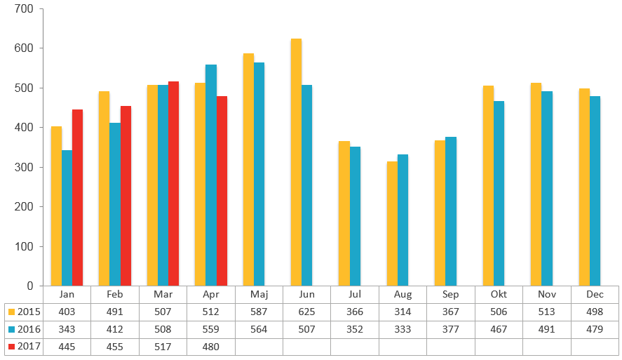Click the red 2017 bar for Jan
tap(78, 198)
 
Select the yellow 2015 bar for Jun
tap(296, 162)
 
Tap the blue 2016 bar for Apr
tap(211, 175)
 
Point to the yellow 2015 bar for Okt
tap(488, 186)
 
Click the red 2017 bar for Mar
tap(174, 184)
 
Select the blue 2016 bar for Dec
tap(595, 191)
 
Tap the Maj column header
tap(259, 295)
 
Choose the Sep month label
tap(451, 295)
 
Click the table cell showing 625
tap(306, 312)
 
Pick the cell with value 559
tap(211, 329)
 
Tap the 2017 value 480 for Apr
tap(211, 347)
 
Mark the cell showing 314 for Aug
tap(403, 312)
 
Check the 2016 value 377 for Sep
tap(451, 329)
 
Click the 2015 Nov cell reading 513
tap(546, 312)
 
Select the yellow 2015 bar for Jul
tap(344, 213)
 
